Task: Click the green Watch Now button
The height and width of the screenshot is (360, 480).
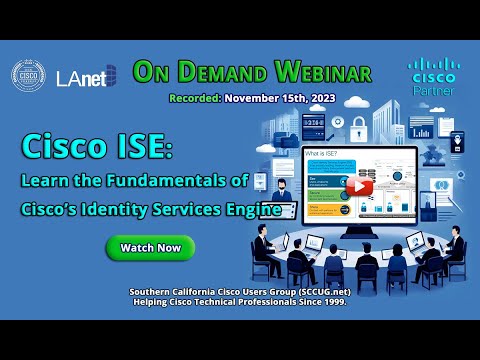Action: coord(150,246)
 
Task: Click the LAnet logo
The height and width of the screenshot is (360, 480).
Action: coord(86,76)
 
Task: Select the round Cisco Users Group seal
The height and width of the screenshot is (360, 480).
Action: coord(28,77)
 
